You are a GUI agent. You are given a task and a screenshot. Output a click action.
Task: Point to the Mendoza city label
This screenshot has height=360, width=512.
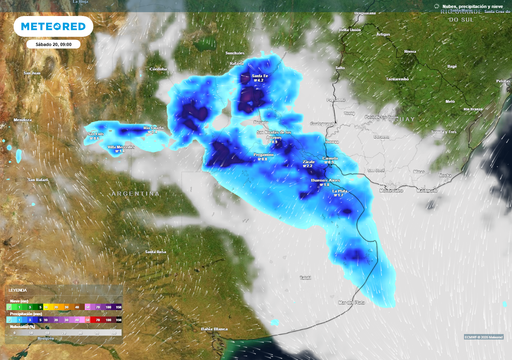(22, 120)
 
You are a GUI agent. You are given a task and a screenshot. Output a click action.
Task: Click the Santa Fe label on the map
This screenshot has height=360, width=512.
(259, 77)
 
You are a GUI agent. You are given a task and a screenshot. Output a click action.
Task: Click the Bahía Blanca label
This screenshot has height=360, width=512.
(216, 328)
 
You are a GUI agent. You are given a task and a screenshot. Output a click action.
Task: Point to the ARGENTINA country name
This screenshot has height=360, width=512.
(135, 191)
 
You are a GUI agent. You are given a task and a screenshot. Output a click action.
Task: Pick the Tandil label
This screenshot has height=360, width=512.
(305, 275)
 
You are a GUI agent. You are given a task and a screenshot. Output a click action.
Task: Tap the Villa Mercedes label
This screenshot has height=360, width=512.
(120, 146)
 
